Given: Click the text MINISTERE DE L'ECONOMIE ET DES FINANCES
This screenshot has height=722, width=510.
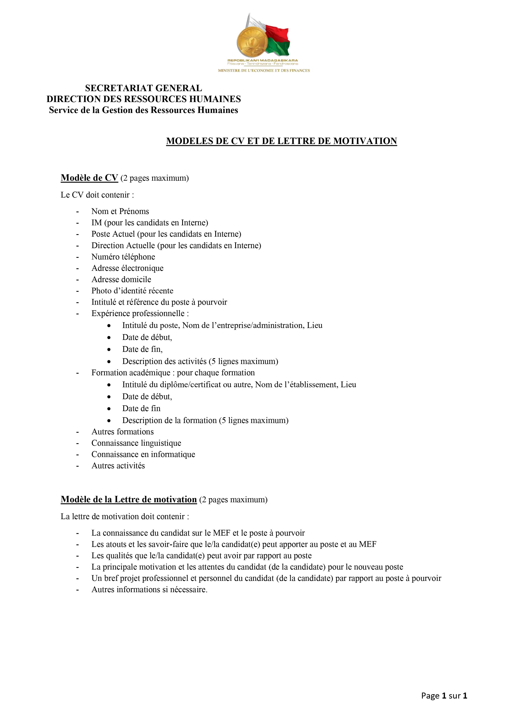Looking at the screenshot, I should coord(264,70).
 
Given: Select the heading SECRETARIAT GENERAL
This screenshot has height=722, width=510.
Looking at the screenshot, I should coord(144,88).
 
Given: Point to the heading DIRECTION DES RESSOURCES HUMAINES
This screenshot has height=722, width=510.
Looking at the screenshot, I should coord(144,99).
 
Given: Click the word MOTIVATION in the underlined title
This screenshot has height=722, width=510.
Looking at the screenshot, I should coord(365,141).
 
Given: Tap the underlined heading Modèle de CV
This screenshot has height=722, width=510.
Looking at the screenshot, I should coord(89,178).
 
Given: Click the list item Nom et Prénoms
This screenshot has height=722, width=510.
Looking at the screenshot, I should coord(120,211).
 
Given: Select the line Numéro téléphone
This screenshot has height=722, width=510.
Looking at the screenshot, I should coord(123,257).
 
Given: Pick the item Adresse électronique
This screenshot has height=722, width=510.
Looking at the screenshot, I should coord(127,268).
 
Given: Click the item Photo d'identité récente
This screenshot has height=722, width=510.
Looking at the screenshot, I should coord(132,291).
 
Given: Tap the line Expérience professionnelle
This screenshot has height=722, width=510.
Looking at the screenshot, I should coord(140,314).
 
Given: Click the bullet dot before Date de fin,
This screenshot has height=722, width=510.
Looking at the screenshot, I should coord(109,349).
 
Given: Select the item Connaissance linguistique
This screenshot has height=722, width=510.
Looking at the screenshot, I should coord(136,443).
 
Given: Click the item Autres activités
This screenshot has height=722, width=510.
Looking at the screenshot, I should coord(118,466).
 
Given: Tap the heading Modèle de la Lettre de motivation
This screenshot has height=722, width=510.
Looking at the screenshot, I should coord(129,500).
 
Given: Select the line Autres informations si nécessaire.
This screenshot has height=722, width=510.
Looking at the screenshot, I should coord(149,590).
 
